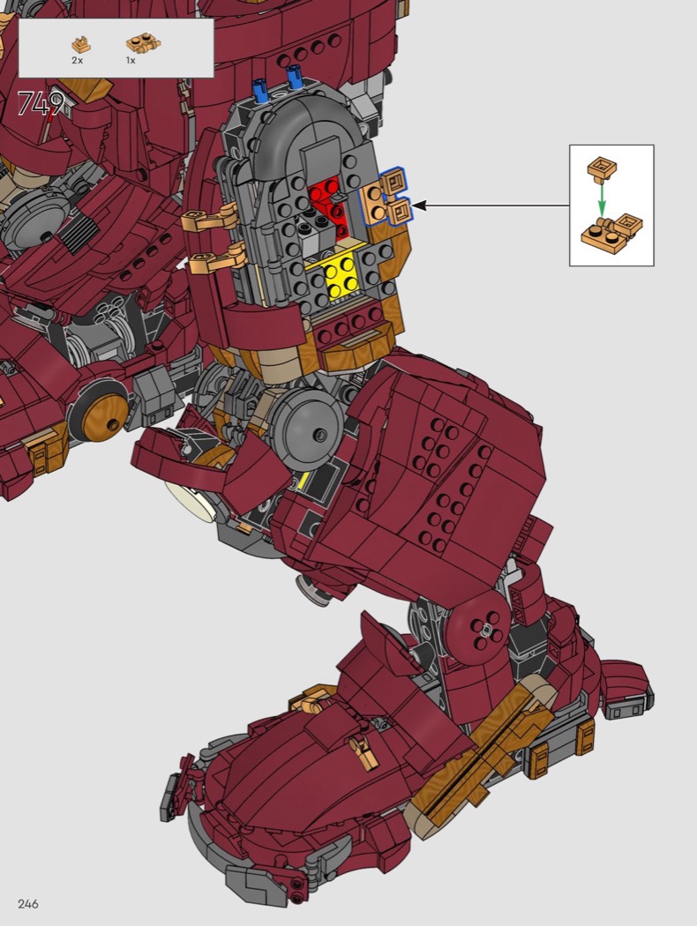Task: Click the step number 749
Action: click(x=41, y=104)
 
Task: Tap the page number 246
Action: click(x=28, y=904)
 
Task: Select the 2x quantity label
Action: click(x=78, y=60)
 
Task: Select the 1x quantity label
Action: click(x=131, y=60)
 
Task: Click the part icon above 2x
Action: click(x=81, y=44)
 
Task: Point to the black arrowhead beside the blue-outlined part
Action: click(x=419, y=205)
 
